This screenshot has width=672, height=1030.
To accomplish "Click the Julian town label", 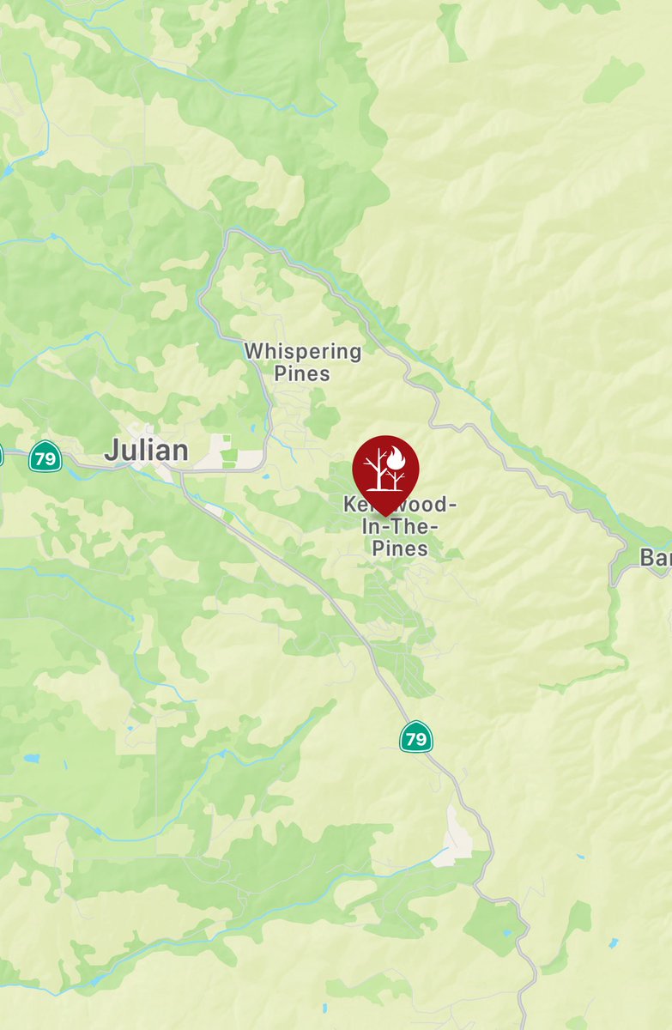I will click(146, 451).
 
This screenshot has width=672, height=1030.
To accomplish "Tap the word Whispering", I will click(303, 351).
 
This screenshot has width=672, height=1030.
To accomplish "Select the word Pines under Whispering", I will click(302, 373).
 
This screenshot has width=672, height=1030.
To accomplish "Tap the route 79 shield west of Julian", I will click(44, 456).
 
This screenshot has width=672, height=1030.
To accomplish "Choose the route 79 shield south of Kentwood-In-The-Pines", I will click(415, 736).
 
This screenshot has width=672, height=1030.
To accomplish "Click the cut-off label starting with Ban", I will click(657, 558).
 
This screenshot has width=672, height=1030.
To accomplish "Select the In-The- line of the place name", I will click(400, 526).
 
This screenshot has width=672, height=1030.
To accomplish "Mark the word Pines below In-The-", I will click(400, 548).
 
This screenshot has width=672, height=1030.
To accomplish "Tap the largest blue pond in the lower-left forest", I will click(32, 760).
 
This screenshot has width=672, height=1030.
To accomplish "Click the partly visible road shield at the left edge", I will click(2, 454).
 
